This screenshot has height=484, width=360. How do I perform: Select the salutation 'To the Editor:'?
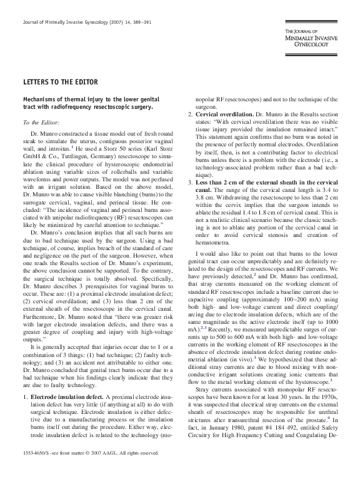click(x=39, y=123)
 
